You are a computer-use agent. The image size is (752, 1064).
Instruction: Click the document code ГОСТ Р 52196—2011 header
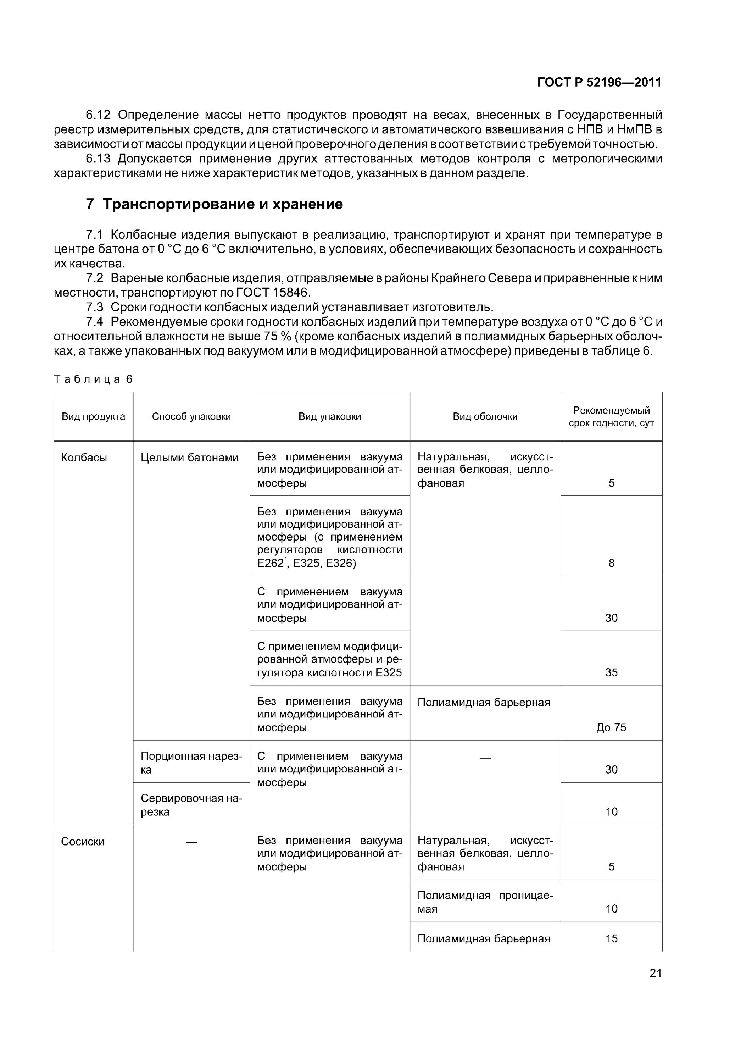point(599,83)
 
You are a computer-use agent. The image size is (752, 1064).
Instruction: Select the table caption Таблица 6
point(93,379)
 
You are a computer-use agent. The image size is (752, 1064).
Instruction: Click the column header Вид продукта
point(93,416)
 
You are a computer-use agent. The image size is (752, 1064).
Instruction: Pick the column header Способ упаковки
point(191,416)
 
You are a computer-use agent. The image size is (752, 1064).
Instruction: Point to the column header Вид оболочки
point(485,416)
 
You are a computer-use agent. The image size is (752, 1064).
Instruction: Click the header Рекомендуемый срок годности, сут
point(611,416)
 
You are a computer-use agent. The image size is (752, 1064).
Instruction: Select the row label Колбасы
point(84,458)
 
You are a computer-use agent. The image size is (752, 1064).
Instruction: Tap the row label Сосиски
point(83,842)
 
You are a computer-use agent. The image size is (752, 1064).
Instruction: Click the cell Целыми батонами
point(189,458)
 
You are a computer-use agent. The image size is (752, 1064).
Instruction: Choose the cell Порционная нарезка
point(191,763)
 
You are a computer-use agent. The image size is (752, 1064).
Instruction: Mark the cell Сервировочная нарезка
point(191,805)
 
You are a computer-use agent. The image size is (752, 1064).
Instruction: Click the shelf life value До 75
point(611,727)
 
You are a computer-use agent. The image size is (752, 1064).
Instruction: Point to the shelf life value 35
point(611,672)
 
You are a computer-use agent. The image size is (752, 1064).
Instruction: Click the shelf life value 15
point(611,938)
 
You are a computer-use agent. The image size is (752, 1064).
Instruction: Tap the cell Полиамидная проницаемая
point(485,902)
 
